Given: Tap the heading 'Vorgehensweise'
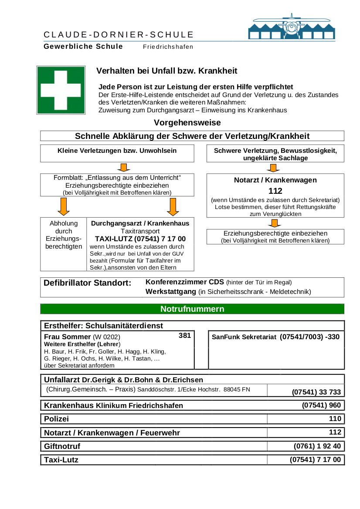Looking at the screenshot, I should [x=187, y=123].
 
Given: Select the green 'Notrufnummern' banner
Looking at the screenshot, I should [x=192, y=309].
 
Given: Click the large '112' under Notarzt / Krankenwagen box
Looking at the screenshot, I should [x=275, y=191].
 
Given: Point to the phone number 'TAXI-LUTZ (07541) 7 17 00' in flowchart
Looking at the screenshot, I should [x=140, y=239].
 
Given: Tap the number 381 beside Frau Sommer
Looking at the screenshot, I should [x=185, y=336].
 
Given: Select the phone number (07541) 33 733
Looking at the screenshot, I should [x=316, y=392].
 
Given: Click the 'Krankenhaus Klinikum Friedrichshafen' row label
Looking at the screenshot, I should [x=113, y=405].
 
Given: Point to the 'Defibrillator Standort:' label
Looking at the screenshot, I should [x=87, y=283].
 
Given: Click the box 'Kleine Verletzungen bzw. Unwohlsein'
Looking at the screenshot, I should [x=117, y=151].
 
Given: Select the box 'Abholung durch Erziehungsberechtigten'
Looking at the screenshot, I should [x=64, y=235].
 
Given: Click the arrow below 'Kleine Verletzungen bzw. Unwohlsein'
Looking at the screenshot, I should [x=123, y=168].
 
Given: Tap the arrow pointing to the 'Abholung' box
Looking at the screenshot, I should [x=64, y=206].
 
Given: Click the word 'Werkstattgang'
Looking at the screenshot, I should [x=170, y=291].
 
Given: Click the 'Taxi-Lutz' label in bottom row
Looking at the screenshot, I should [x=61, y=459].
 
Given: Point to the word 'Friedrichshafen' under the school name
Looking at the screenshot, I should [x=168, y=47].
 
